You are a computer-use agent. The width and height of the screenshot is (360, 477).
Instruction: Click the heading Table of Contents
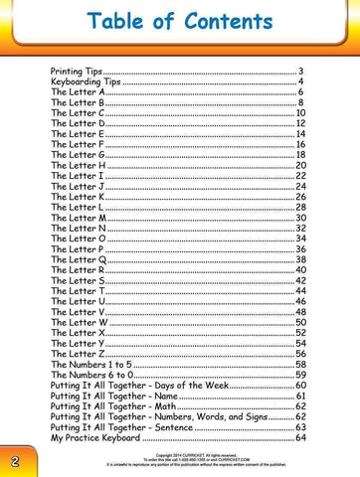click(179, 23)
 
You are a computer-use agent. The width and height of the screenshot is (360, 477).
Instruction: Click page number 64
click(300, 438)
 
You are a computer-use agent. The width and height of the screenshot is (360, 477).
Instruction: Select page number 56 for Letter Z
click(300, 355)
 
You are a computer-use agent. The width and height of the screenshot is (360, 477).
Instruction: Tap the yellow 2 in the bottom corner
click(16, 462)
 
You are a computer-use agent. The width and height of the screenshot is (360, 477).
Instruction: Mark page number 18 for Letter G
click(300, 156)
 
